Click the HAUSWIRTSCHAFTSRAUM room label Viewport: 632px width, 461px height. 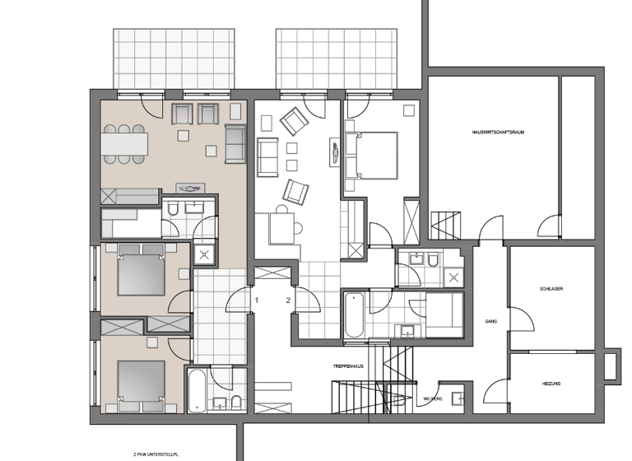[499, 132]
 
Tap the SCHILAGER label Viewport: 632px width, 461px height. [551, 289]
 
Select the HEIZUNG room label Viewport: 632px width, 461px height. [551, 384]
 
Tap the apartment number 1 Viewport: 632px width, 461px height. [257, 300]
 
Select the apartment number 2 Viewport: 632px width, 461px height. [288, 300]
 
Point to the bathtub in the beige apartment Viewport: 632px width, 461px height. [197, 391]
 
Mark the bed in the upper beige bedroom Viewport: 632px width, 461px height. [142, 268]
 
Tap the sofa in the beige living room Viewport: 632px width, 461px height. [235, 144]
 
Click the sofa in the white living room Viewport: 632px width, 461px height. [267, 156]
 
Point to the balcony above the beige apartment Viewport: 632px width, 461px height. [175, 58]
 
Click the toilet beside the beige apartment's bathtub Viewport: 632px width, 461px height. [235, 401]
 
